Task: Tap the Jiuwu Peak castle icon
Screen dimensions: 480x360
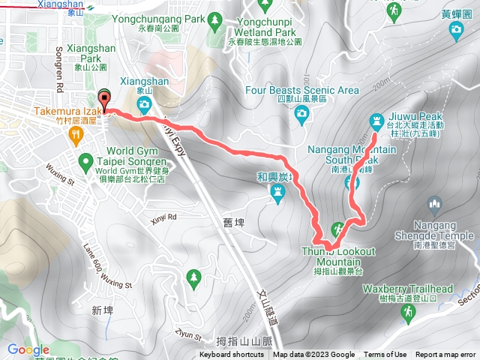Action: [376, 120]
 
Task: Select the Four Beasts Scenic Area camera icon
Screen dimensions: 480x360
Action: [302, 114]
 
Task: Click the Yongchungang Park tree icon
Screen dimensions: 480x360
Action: [216, 17]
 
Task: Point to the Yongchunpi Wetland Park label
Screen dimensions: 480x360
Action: [265, 28]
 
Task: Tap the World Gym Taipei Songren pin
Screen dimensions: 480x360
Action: [87, 160]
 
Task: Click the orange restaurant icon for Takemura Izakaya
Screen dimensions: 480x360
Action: [75, 135]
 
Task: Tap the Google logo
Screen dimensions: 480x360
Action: [28, 349]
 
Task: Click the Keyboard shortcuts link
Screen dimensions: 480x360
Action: [232, 355]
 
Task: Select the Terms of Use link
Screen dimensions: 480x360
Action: [385, 355]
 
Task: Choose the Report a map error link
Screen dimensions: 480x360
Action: [446, 355]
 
